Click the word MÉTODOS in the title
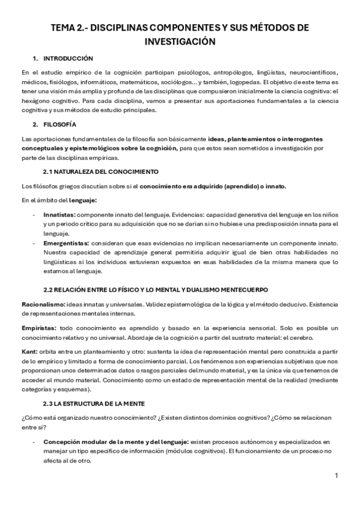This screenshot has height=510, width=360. click(x=269, y=28)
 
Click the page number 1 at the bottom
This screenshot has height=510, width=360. click(x=337, y=476)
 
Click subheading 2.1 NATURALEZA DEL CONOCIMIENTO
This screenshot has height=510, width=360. click(x=100, y=172)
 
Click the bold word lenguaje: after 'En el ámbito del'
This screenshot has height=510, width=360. click(x=82, y=200)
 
